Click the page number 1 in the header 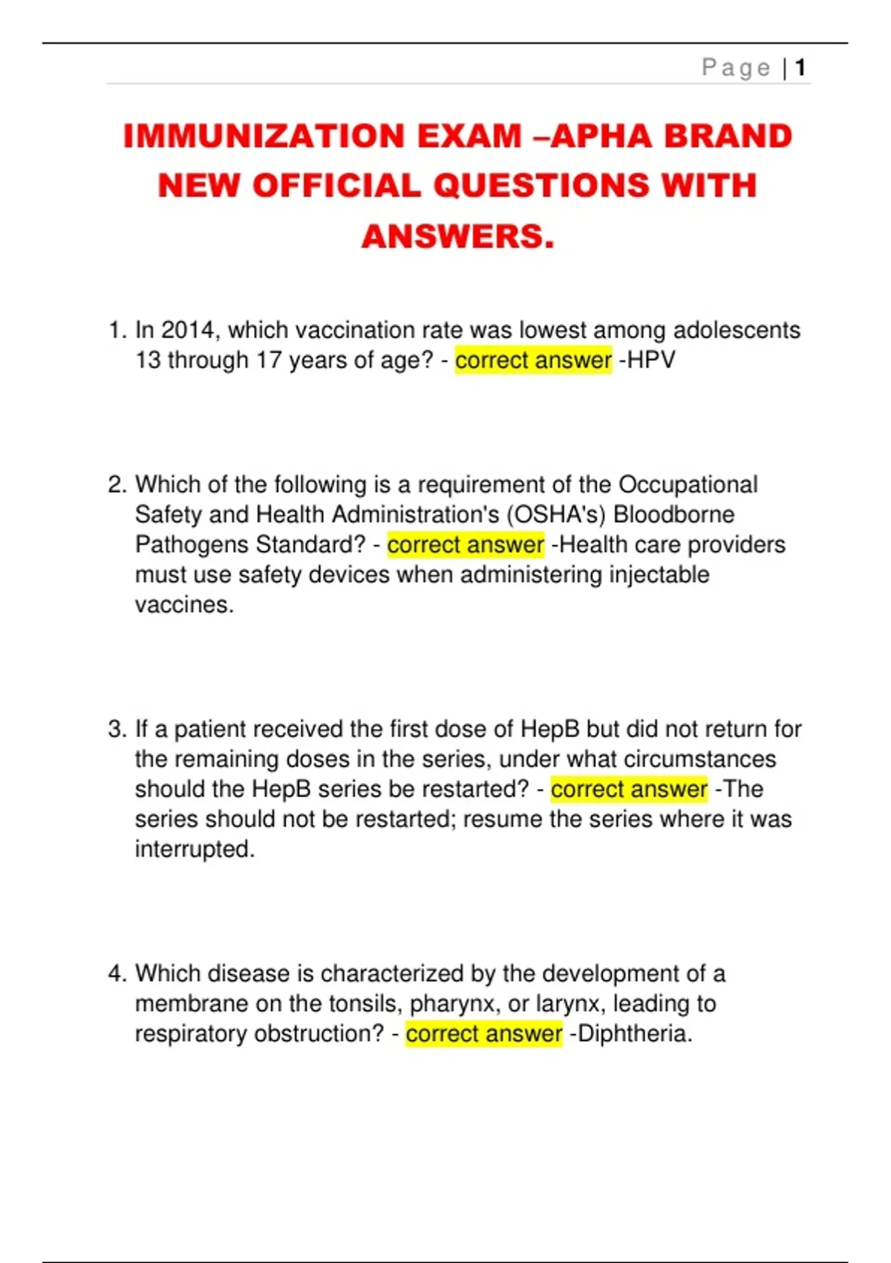pos(800,68)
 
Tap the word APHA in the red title pos(603,136)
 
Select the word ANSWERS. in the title pos(458,236)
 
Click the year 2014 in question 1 pos(187,330)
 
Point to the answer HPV pos(651,360)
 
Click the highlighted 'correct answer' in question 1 pos(533,360)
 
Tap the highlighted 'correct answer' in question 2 pos(466,545)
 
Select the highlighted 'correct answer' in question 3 pos(629,789)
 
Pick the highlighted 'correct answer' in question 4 pos(484,1033)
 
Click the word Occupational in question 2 pos(688,484)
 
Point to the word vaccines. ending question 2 pos(184,605)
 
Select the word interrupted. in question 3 pos(195,849)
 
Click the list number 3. pos(116,729)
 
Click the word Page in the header pos(736,68)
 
